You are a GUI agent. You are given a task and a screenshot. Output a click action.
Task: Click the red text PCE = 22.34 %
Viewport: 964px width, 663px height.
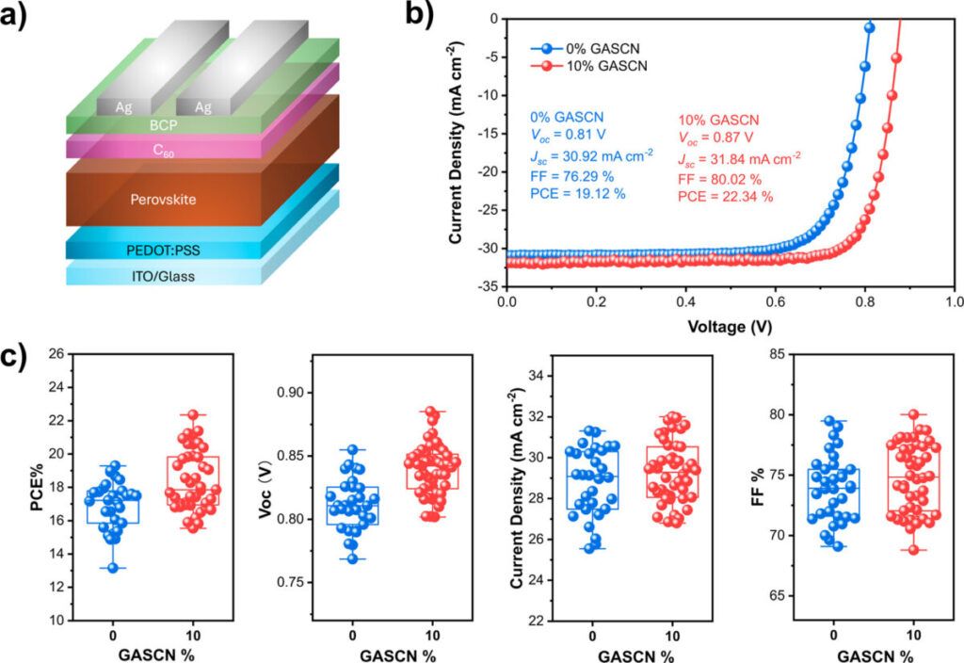click(726, 196)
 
